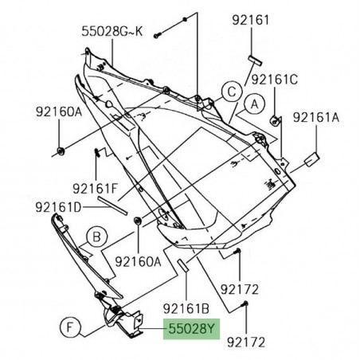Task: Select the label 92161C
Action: (275, 80)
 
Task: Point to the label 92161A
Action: (316, 117)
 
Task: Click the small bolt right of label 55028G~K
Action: (158, 33)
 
